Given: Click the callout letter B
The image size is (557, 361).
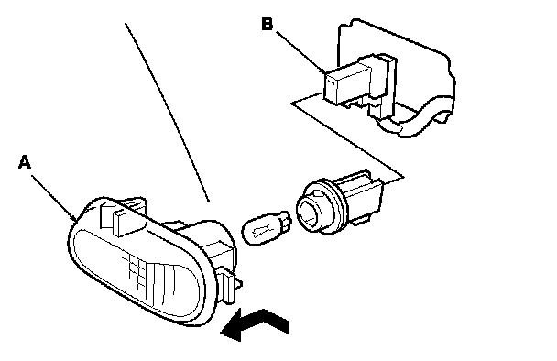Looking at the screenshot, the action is click(x=268, y=24).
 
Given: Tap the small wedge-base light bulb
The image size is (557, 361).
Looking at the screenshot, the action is click(x=267, y=228).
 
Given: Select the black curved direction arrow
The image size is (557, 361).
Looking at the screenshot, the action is click(x=255, y=325).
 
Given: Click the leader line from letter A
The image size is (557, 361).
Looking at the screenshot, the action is click(x=54, y=198).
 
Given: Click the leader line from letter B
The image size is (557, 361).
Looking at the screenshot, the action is click(x=300, y=52).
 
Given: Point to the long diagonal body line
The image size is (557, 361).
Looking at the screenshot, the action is click(x=167, y=113).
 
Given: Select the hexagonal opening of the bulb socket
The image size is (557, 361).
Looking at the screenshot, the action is click(x=309, y=213).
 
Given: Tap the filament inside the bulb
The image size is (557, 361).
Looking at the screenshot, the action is click(x=262, y=230).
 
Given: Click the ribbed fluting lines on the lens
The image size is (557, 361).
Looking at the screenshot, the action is click(x=149, y=279).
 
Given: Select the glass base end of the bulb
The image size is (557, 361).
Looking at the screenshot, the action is click(x=285, y=223).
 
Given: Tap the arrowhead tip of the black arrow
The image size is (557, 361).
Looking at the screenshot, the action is click(x=221, y=333).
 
